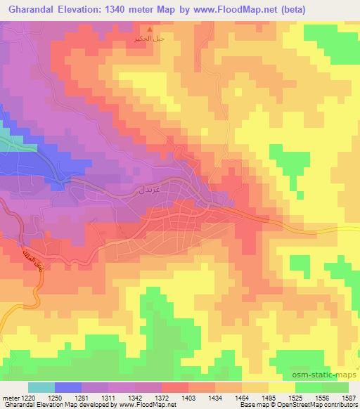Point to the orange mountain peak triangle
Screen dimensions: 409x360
[x=148, y=29]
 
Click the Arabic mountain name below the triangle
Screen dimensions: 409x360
[x=148, y=39]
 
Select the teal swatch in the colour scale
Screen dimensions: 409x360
[x=41, y=387]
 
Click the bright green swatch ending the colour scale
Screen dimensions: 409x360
[x=336, y=387]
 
